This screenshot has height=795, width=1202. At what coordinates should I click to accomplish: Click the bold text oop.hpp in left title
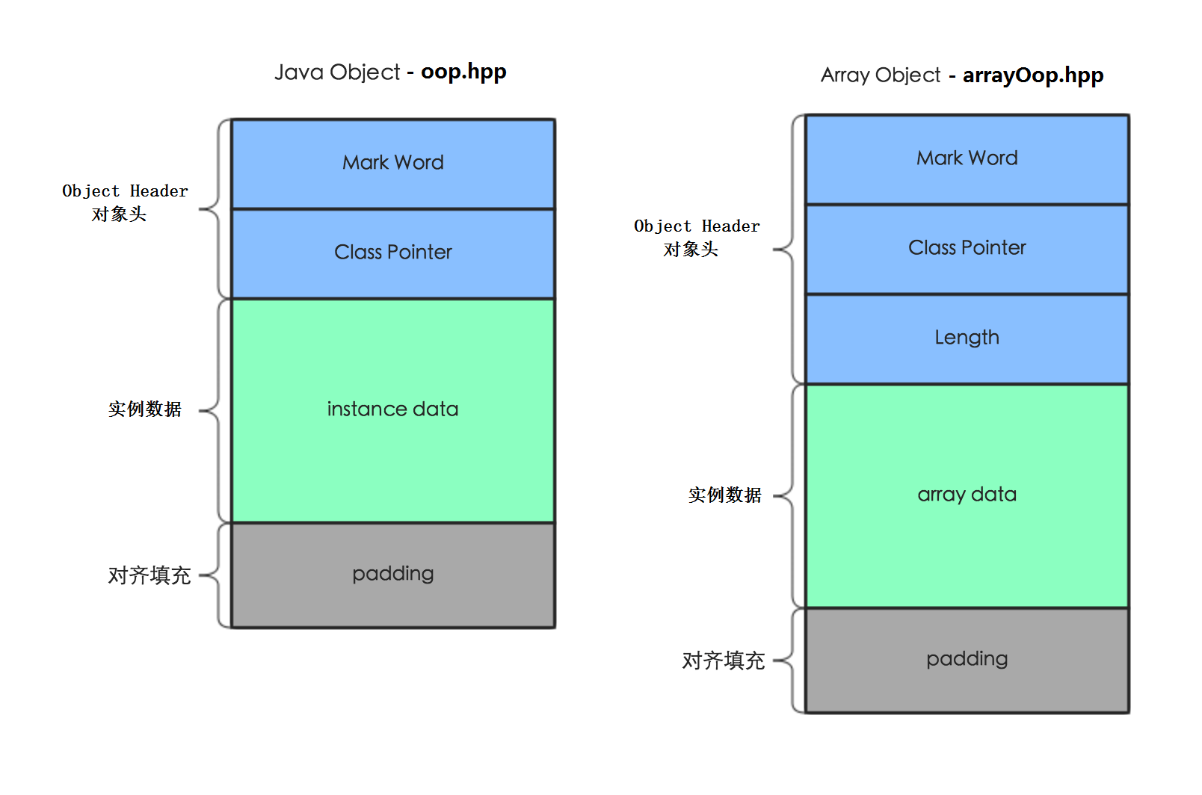click(463, 72)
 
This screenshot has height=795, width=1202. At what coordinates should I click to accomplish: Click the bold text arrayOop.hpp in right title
click(1032, 75)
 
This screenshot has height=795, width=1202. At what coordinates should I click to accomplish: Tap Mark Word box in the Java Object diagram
click(393, 163)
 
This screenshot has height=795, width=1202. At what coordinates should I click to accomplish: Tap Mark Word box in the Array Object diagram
click(967, 158)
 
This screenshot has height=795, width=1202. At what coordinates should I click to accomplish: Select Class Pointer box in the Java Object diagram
click(393, 253)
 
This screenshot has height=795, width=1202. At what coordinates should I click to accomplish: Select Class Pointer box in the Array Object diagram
click(967, 248)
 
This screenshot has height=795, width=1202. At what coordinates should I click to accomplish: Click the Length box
click(967, 338)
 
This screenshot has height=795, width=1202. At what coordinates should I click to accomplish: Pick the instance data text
click(393, 409)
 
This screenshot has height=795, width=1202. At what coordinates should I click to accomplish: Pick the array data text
click(967, 495)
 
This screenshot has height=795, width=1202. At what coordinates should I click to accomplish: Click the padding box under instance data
click(393, 574)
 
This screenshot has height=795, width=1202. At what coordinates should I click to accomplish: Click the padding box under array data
click(967, 659)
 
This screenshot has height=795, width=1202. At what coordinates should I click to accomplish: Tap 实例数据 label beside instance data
click(145, 409)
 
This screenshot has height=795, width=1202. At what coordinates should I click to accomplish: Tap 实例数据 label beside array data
click(724, 495)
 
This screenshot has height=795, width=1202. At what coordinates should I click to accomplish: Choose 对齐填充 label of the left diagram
click(150, 575)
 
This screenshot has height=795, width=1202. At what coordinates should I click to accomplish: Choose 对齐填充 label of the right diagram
click(723, 661)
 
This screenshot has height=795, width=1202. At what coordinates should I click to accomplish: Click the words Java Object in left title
click(337, 72)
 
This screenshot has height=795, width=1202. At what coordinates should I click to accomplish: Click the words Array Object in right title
click(881, 75)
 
